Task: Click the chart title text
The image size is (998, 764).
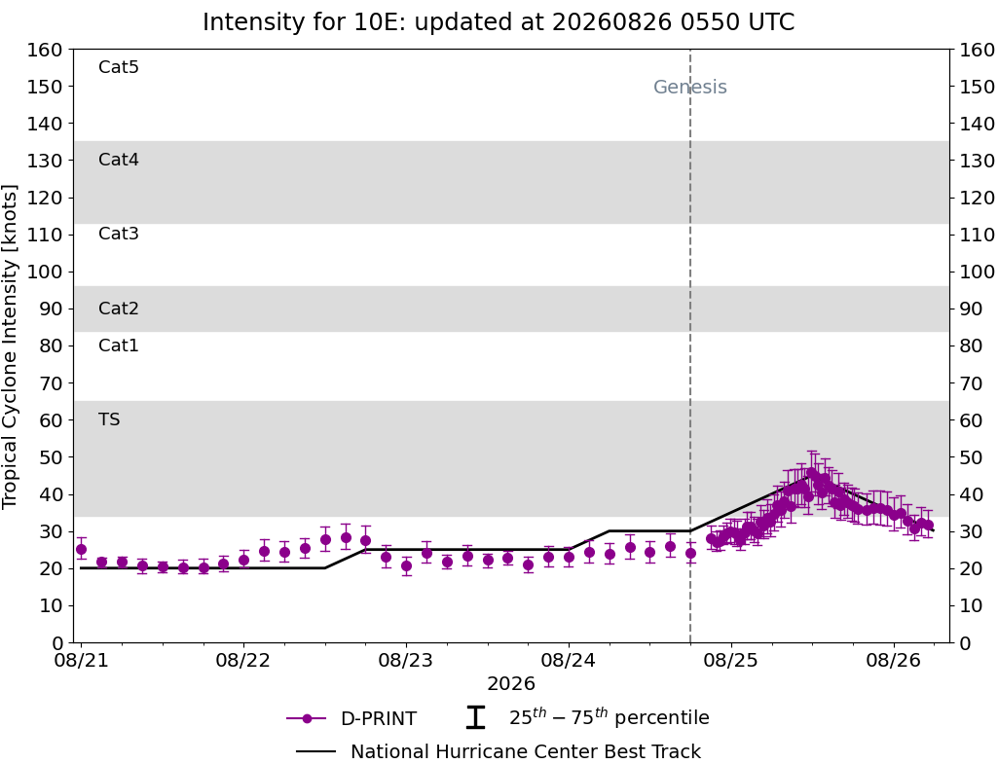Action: coord(499,22)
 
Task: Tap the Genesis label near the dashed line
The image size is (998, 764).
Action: coord(690,87)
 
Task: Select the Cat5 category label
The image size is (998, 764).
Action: coord(119,67)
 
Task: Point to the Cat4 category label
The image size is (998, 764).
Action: coord(119,159)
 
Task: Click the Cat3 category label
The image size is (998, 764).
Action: coord(119,234)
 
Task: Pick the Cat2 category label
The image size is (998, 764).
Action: coord(119,308)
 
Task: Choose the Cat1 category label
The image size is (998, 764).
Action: coord(119,345)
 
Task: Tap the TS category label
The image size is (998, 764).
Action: coord(109,419)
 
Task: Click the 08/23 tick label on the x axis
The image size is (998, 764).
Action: coord(405,660)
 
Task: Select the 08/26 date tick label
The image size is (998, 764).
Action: coord(893,660)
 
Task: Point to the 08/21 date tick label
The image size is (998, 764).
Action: coord(81,660)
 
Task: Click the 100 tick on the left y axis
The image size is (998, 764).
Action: coord(45,272)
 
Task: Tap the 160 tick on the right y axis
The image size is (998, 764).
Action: coord(978,50)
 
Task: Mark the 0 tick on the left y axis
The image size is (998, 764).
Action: coord(57,642)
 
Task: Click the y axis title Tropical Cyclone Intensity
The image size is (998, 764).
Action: coord(10,346)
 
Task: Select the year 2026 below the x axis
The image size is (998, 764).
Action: coord(510,684)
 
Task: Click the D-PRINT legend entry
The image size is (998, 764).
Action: coord(351,718)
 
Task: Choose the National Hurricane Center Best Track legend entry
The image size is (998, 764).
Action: coord(499,751)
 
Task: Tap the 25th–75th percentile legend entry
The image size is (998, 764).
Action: coord(587,717)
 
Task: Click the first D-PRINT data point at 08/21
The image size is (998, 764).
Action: coord(81,549)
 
